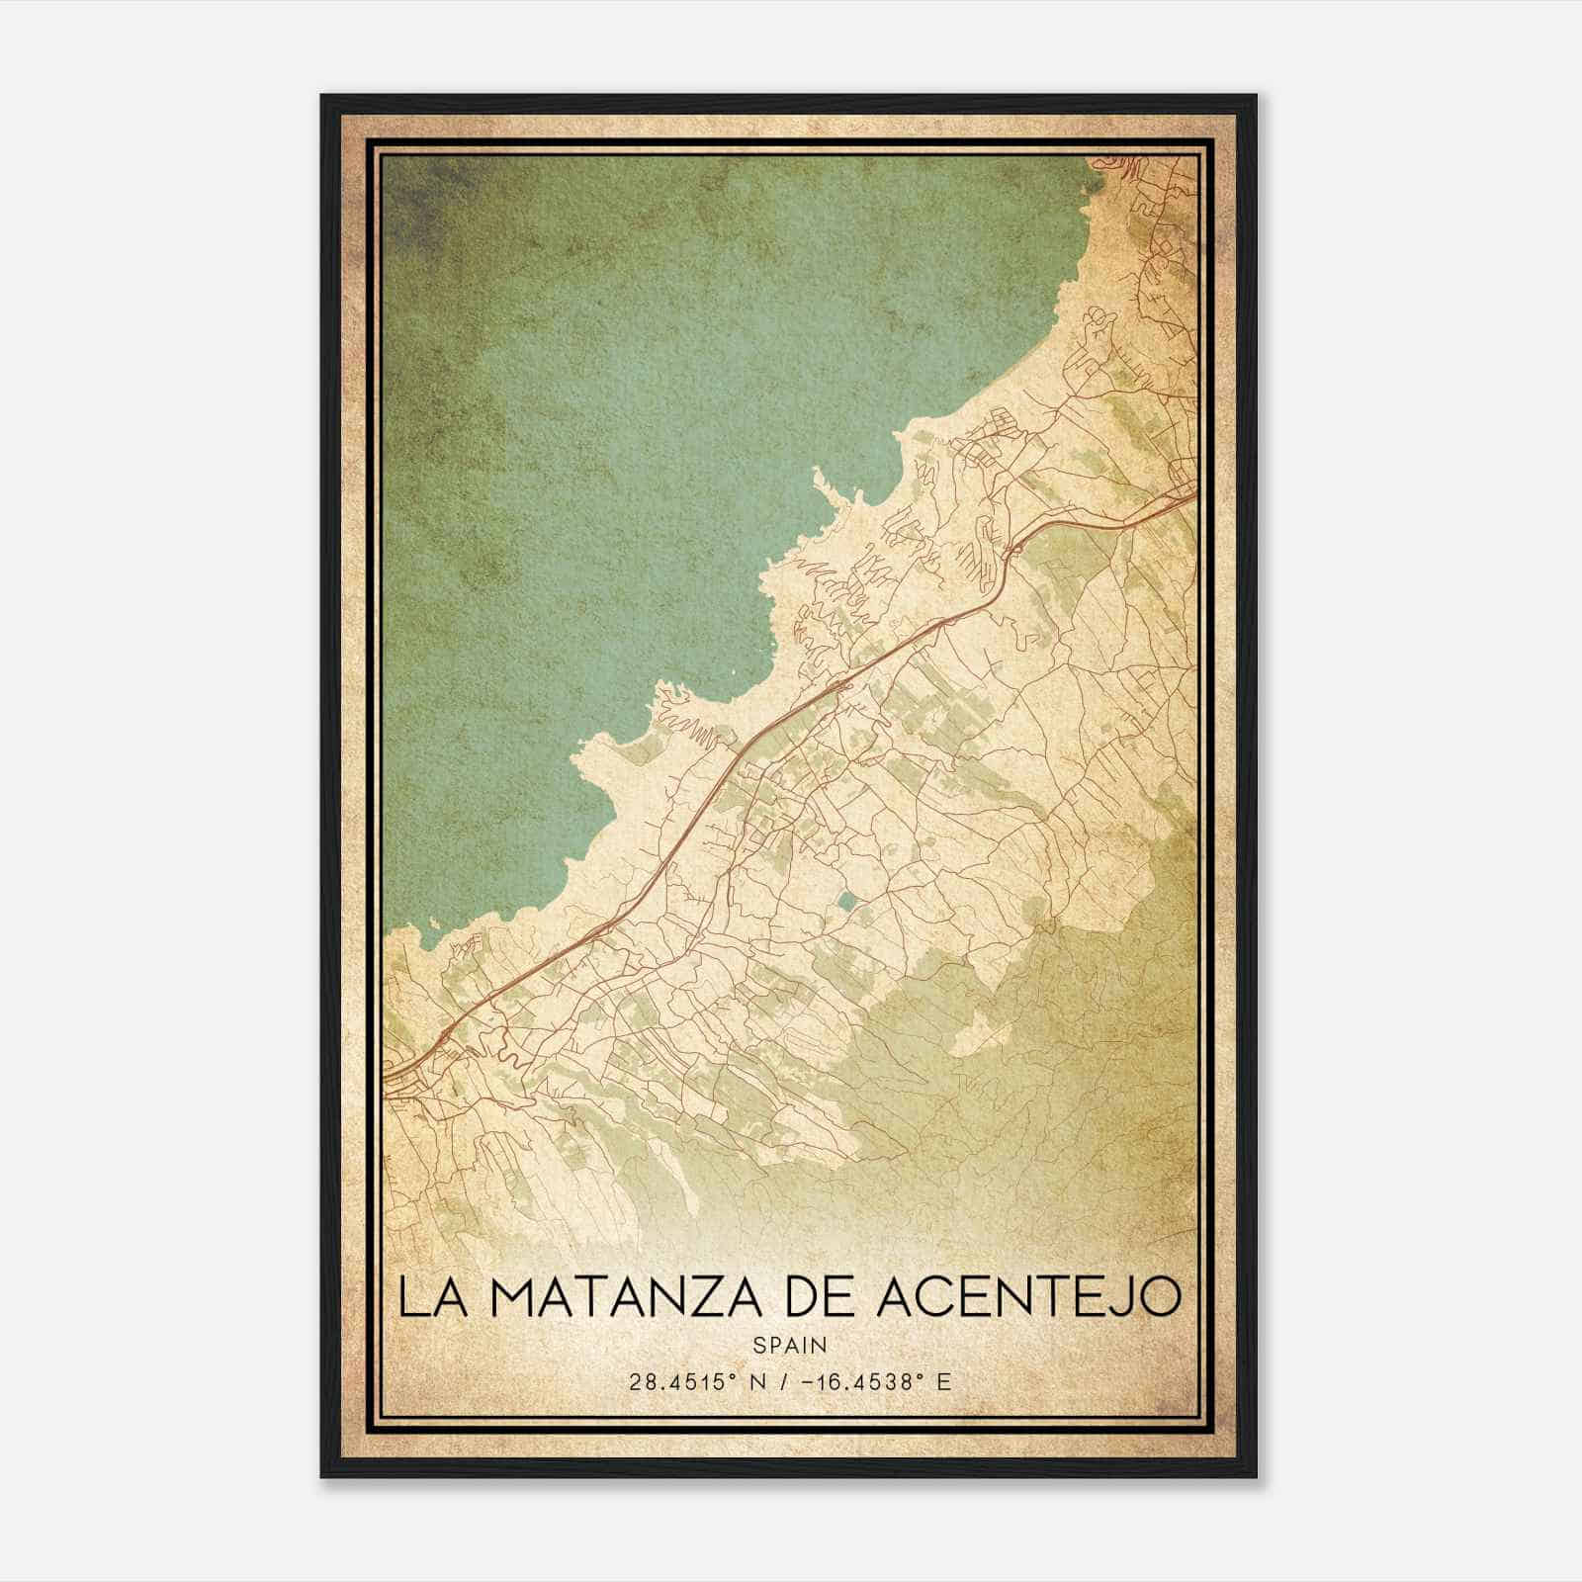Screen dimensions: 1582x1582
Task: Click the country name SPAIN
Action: [790, 1345]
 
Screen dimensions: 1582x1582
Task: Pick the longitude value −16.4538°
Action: [869, 1381]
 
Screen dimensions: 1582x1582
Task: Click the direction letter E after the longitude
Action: [944, 1381]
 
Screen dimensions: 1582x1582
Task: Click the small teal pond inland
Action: [848, 902]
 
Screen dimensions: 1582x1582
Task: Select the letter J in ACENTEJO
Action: [1121, 1298]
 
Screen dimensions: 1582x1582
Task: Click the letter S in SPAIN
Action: [758, 1345]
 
